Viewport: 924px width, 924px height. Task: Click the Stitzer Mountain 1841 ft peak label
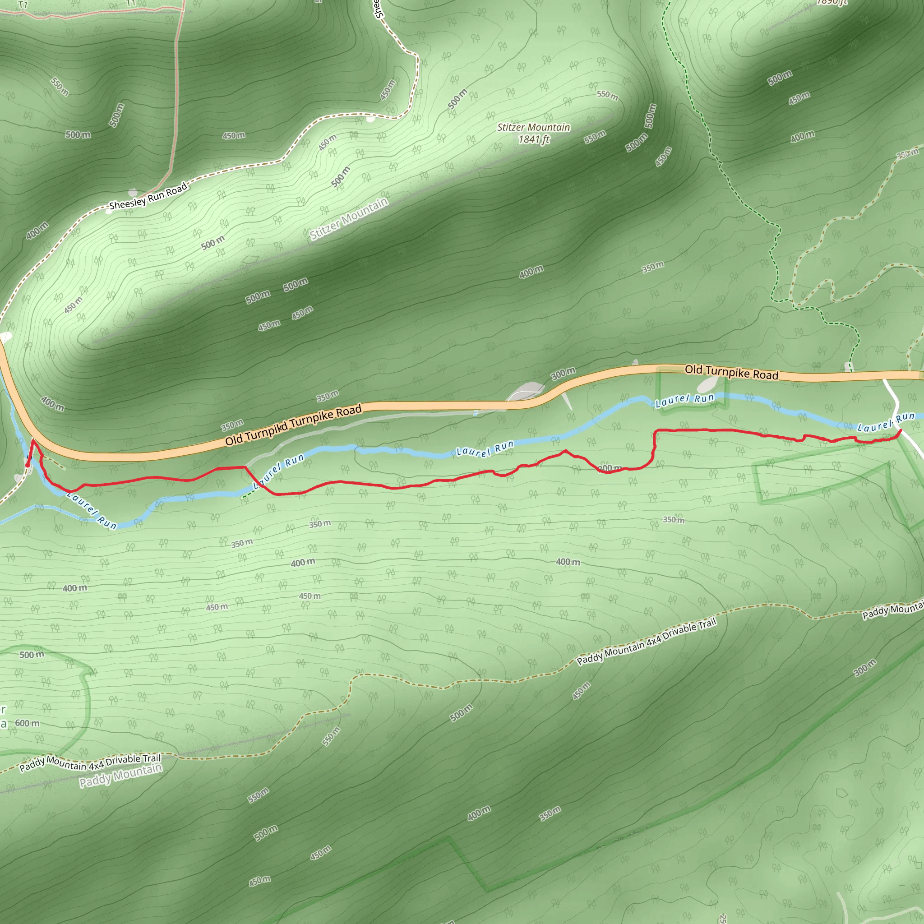pyautogui.click(x=533, y=133)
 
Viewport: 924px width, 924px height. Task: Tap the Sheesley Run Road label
pyautogui.click(x=148, y=197)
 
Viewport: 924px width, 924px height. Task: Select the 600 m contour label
pyautogui.click(x=27, y=723)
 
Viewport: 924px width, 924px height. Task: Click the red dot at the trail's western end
pyautogui.click(x=28, y=464)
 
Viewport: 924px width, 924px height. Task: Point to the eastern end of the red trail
pyautogui.click(x=901, y=430)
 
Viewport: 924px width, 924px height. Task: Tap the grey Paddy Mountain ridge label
pyautogui.click(x=120, y=775)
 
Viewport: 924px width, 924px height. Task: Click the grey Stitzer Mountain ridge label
pyautogui.click(x=349, y=218)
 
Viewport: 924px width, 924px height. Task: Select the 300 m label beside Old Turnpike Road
pyautogui.click(x=563, y=374)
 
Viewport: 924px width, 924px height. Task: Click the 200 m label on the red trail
pyautogui.click(x=610, y=468)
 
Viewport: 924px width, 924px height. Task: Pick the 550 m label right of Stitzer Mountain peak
pyautogui.click(x=607, y=95)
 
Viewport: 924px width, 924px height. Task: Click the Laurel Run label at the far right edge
pyautogui.click(x=886, y=422)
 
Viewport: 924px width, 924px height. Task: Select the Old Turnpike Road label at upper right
pyautogui.click(x=731, y=372)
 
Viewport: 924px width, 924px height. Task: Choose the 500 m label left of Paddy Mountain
pyautogui.click(x=32, y=655)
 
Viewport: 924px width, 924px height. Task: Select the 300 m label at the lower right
pyautogui.click(x=865, y=668)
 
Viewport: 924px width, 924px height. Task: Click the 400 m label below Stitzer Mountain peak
pyautogui.click(x=531, y=272)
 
